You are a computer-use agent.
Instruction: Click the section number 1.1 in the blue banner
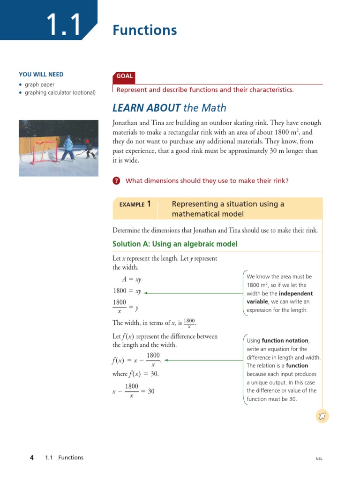click(x=64, y=25)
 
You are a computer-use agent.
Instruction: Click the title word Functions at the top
click(x=144, y=30)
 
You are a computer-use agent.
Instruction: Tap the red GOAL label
click(x=124, y=76)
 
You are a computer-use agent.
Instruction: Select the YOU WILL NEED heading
click(x=41, y=75)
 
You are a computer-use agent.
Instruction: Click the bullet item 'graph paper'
click(x=39, y=85)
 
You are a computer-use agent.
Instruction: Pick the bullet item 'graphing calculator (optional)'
click(x=60, y=92)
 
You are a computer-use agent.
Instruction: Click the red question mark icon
click(x=117, y=181)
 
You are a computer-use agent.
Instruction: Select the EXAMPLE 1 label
click(x=135, y=204)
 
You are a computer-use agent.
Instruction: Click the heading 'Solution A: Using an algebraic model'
click(x=175, y=244)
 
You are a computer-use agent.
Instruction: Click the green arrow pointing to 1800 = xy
click(x=192, y=293)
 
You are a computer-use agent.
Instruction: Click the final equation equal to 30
click(x=133, y=391)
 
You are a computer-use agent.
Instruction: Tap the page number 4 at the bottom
click(x=31, y=457)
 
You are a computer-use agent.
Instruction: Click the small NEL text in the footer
click(x=319, y=459)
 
